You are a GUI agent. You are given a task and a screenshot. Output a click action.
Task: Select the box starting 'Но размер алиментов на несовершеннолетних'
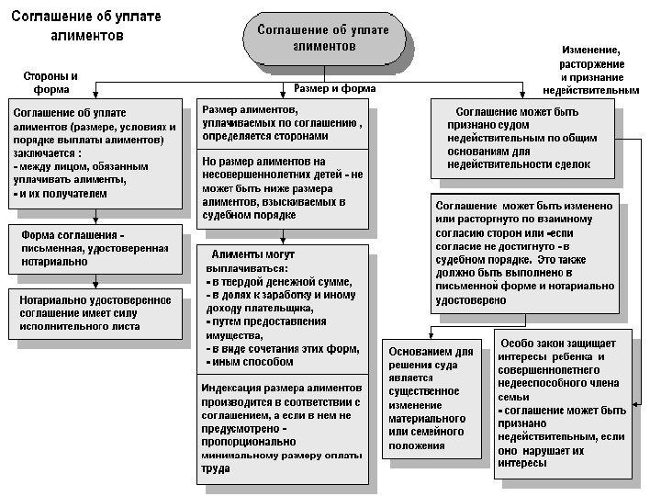coord(283,189)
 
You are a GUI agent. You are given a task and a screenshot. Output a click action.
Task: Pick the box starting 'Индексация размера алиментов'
coord(283,428)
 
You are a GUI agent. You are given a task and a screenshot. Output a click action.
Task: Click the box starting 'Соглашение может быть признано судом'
coord(521,139)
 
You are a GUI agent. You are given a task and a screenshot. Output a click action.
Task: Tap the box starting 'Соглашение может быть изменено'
coord(524,253)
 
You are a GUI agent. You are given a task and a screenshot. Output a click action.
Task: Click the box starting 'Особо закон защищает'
coord(564,403)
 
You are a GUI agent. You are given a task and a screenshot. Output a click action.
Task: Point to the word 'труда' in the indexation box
coord(216,468)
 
